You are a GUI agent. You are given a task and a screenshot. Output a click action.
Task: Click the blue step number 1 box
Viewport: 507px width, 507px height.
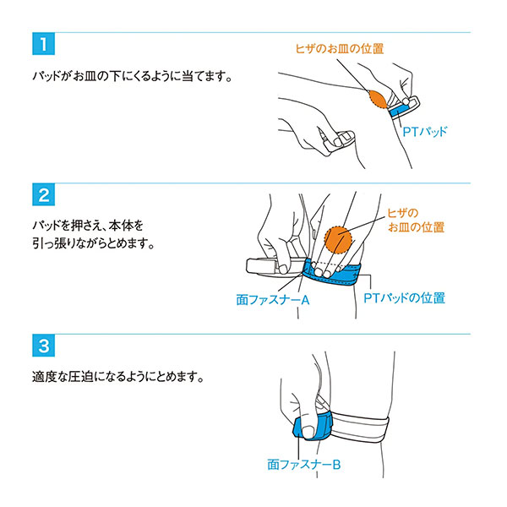[x=43, y=44]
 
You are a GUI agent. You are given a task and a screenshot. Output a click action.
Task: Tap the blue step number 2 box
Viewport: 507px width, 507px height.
[x=43, y=194]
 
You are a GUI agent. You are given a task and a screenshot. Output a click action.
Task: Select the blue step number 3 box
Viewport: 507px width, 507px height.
[x=43, y=346]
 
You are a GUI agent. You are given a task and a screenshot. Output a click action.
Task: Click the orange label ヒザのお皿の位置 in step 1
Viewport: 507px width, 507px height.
[x=340, y=48]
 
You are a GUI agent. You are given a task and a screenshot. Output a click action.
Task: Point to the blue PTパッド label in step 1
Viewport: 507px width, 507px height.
[x=425, y=132]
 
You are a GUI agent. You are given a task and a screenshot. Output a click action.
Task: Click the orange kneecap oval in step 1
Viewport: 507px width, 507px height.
[x=378, y=99]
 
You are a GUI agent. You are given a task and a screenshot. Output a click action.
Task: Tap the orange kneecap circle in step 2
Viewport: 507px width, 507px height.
[x=338, y=240]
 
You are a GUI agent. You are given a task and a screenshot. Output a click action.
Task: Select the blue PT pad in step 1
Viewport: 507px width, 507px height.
[x=400, y=109]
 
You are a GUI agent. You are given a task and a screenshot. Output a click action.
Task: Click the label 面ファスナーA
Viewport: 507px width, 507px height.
[x=273, y=300]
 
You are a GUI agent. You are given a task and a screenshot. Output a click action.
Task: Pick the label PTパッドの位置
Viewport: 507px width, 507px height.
[x=404, y=297]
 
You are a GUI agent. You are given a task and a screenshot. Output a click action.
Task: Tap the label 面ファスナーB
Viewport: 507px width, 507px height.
[x=304, y=465]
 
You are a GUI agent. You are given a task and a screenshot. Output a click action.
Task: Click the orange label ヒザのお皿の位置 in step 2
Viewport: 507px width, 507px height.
[x=416, y=221]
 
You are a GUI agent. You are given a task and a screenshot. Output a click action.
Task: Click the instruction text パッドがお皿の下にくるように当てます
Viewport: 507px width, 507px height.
[x=133, y=76]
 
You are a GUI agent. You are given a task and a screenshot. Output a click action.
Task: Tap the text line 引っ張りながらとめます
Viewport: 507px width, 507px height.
[x=94, y=243]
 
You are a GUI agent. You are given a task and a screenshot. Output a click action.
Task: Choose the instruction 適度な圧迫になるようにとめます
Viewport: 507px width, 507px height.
[x=118, y=377]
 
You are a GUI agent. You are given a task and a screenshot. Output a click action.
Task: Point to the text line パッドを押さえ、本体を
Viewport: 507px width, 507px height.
[x=88, y=226]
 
